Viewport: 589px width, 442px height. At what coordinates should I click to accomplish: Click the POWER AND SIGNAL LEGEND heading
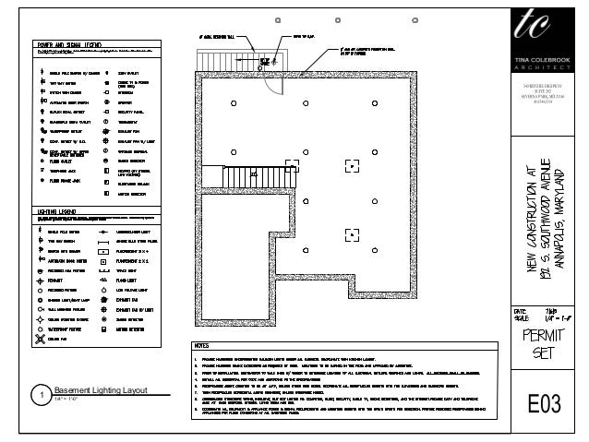(x=70, y=43)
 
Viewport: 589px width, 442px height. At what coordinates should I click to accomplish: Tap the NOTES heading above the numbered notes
(x=203, y=347)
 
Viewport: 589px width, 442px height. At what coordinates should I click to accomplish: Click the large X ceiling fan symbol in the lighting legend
(x=40, y=338)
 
